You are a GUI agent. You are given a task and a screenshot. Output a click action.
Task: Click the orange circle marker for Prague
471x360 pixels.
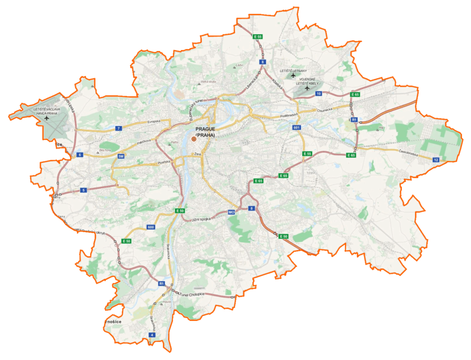point(193,139)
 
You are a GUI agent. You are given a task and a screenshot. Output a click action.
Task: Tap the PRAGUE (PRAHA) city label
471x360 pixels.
point(205,132)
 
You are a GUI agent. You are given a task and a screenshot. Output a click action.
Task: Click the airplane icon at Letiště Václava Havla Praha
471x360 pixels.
point(47,118)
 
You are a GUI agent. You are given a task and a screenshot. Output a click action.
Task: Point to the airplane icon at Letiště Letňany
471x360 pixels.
point(293,76)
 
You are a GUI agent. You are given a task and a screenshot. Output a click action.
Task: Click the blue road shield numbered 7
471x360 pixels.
point(120,129)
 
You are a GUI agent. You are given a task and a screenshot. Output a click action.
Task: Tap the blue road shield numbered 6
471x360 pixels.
point(79,155)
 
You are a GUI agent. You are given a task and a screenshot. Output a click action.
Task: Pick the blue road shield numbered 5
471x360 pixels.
point(84,190)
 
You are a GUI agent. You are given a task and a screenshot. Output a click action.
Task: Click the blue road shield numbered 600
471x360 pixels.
point(150,227)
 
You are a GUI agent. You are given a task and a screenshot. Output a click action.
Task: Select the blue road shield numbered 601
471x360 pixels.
point(297,128)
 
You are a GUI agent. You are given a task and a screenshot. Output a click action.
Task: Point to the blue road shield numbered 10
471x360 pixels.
point(318,94)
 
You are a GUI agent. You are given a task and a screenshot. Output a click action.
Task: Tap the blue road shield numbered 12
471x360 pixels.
point(436,159)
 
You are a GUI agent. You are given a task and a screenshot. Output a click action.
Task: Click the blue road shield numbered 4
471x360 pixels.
point(153,334)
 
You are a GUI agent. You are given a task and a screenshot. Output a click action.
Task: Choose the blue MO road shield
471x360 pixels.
point(231,212)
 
